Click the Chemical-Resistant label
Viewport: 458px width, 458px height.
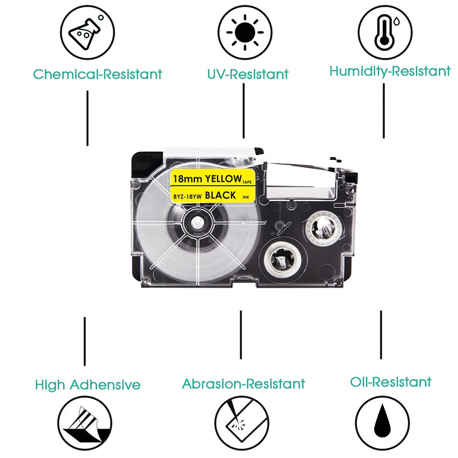click(x=98, y=74)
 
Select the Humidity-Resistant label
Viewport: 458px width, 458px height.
click(x=390, y=71)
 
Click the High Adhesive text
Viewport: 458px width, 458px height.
click(x=87, y=385)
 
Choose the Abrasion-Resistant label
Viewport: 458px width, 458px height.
click(x=243, y=383)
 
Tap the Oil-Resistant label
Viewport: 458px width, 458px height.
click(x=391, y=382)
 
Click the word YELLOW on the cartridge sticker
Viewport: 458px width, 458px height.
click(x=223, y=178)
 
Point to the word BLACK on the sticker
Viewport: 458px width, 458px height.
click(x=220, y=196)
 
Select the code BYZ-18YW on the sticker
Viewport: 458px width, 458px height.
click(x=188, y=196)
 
